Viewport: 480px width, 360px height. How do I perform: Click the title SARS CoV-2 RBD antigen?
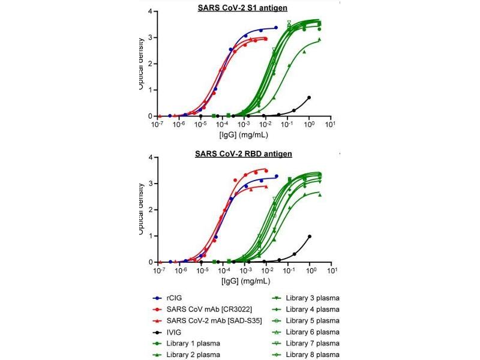tap(243, 154)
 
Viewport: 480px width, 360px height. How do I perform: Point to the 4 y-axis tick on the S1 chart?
tap(149, 11)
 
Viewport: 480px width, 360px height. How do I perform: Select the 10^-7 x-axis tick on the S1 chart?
tap(157, 125)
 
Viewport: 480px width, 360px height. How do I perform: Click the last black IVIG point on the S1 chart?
tap(309, 97)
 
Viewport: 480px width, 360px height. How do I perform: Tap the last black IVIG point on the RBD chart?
tap(310, 236)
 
